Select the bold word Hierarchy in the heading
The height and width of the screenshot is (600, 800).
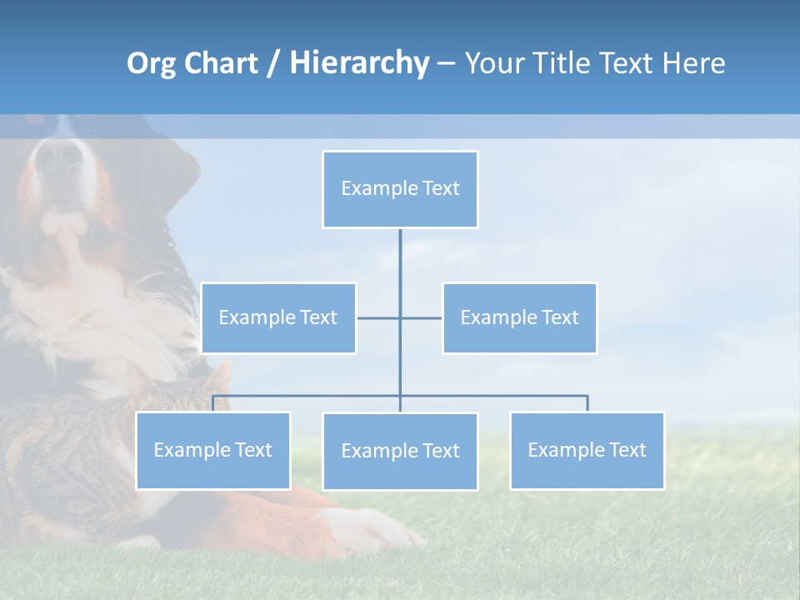click(x=358, y=63)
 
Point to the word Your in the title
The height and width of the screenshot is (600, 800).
click(x=493, y=63)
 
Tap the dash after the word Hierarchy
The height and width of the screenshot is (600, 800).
click(x=446, y=64)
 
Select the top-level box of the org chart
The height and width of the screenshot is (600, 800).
click(x=400, y=189)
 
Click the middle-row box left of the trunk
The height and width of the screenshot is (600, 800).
click(x=278, y=318)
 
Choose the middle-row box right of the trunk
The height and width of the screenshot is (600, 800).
click(x=519, y=318)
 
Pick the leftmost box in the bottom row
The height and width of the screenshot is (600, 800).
click(x=212, y=451)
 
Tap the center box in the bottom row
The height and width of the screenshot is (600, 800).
click(x=400, y=452)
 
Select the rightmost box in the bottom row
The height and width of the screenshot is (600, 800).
click(x=587, y=451)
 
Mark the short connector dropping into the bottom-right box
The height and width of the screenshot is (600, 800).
click(x=587, y=403)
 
